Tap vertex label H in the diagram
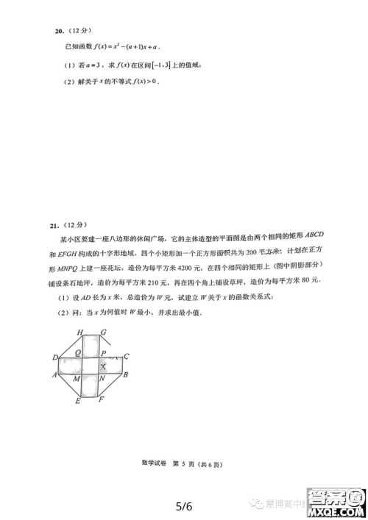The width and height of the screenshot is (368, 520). click(80, 332)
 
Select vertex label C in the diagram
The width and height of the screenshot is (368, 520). click(127, 357)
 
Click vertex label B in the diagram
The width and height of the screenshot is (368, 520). click(125, 376)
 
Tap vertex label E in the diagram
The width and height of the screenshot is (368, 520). click(78, 401)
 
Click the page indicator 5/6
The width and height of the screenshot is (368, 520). click(184, 506)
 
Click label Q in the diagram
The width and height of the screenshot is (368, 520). click(77, 352)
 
